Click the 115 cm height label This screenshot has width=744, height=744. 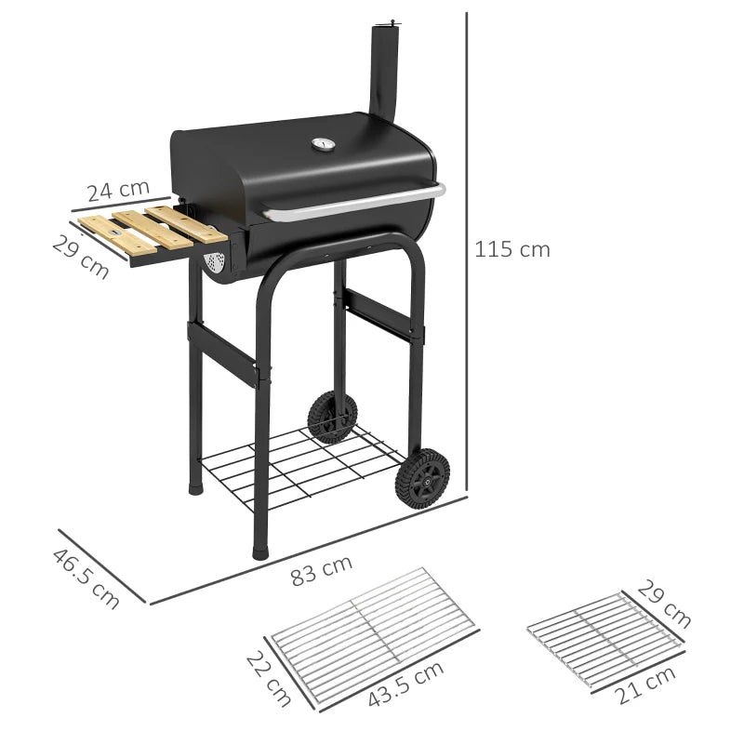(x=511, y=249)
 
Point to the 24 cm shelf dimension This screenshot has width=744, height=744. (x=118, y=190)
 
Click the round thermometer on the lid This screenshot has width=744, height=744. (x=322, y=144)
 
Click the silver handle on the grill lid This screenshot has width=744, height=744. (x=353, y=205)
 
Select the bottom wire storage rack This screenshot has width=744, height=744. (x=298, y=465)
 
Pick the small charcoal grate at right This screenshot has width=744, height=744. (x=604, y=638)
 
